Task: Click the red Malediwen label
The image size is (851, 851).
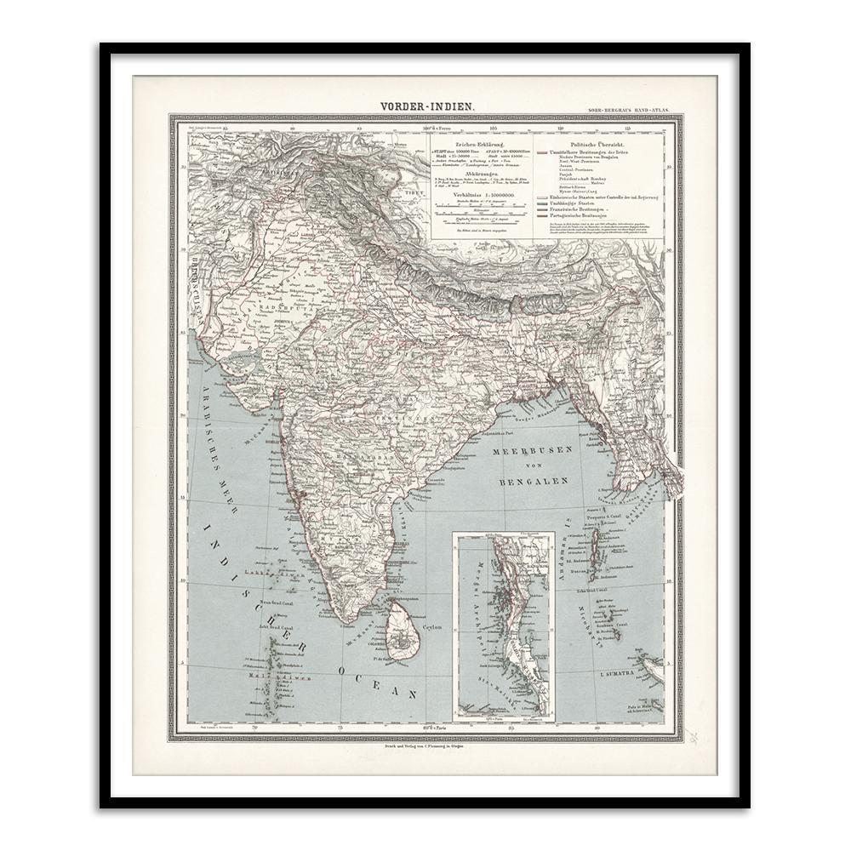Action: [289, 678]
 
